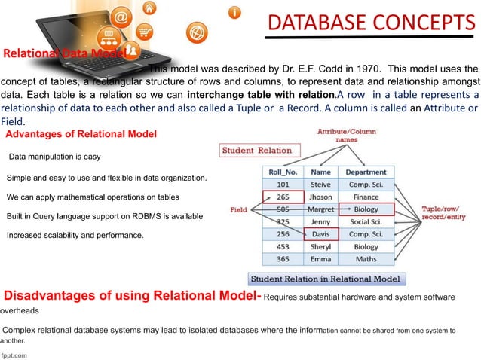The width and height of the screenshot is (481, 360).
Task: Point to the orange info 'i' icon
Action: point(236,13)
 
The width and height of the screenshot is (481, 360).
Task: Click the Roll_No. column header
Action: point(282,171)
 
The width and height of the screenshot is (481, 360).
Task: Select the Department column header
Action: point(366,171)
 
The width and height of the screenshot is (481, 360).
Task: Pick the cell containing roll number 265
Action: point(282,197)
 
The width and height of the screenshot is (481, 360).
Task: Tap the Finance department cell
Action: point(366,197)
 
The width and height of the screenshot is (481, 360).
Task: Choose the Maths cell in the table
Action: point(366,259)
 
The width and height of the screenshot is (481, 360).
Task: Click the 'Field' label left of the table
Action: point(240,209)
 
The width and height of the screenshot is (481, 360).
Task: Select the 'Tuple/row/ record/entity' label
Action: point(447,214)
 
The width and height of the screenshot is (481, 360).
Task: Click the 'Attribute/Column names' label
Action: point(347,135)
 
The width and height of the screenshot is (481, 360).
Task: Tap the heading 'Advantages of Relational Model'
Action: point(81,134)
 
